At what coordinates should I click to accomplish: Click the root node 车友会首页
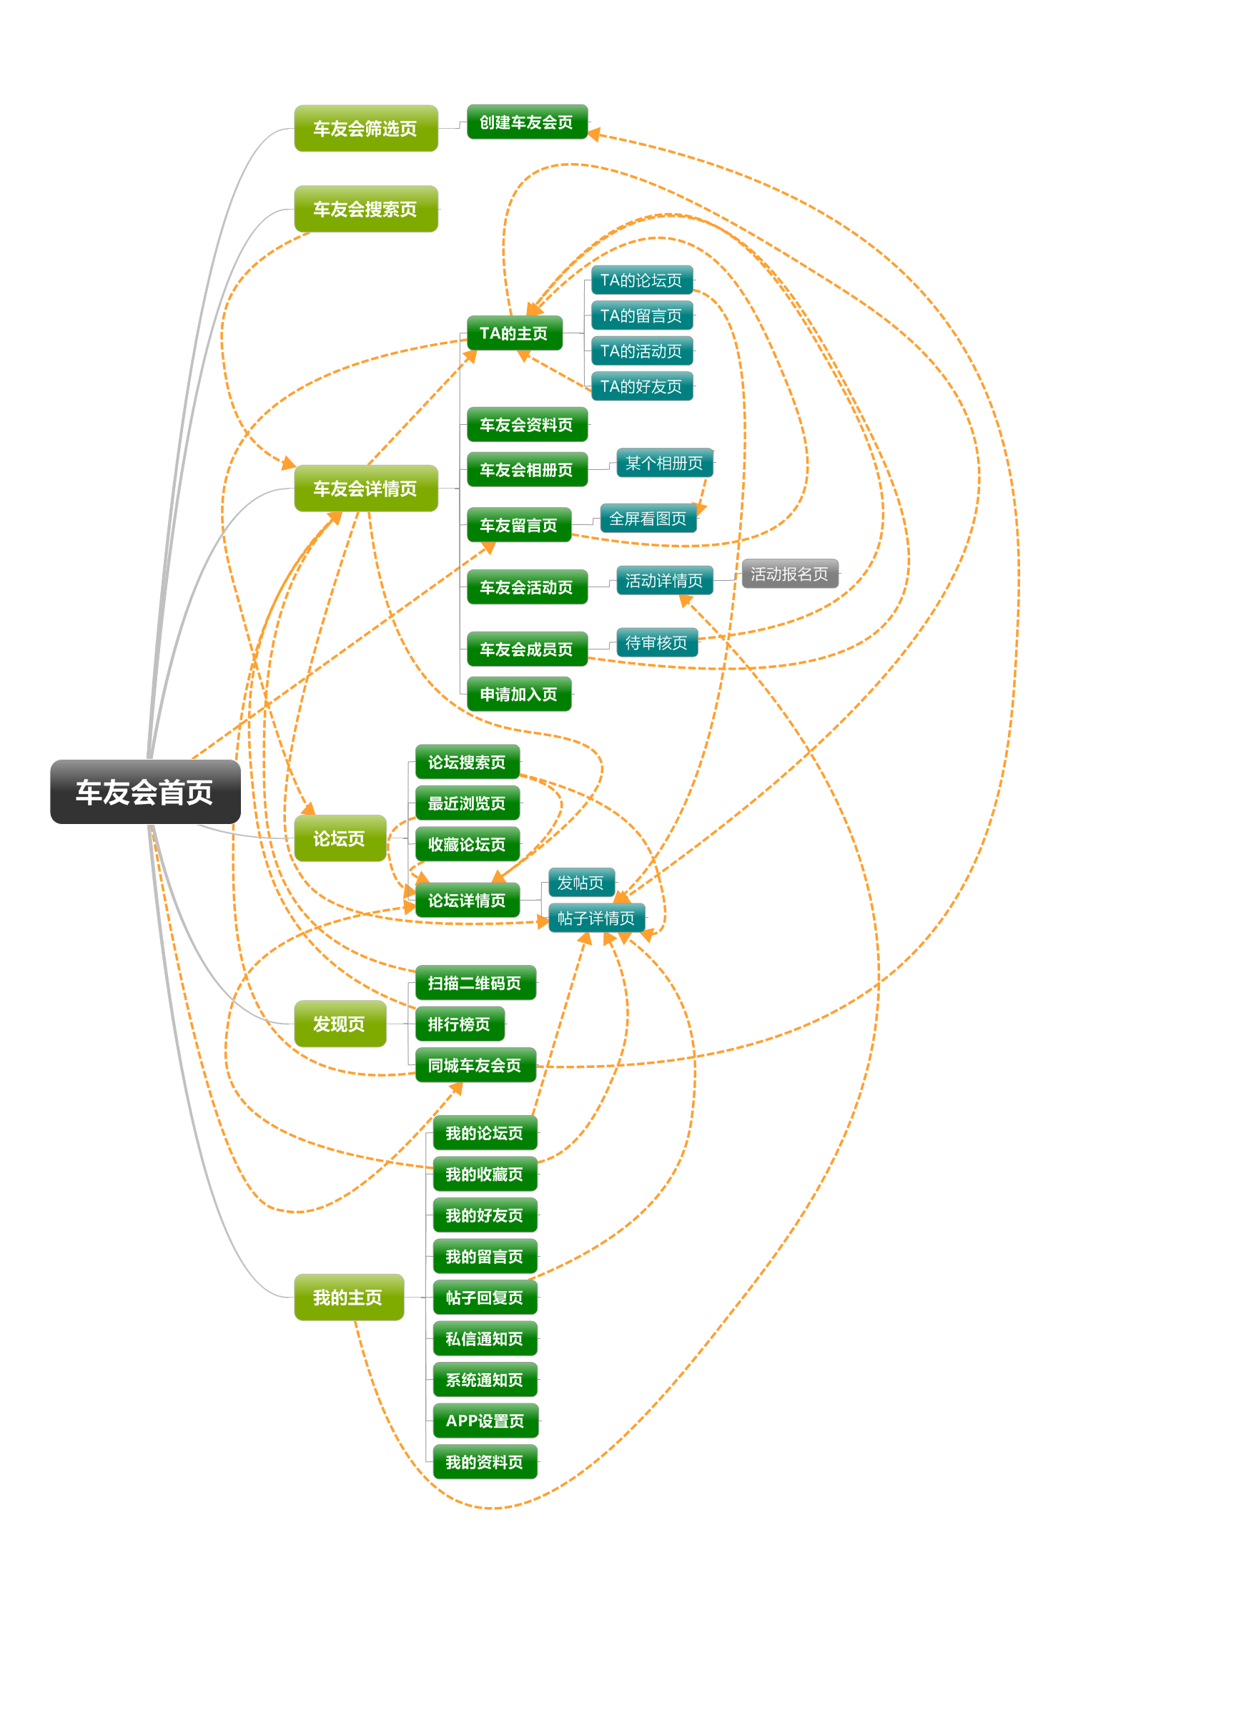coord(145,791)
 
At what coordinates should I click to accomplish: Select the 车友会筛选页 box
coord(366,128)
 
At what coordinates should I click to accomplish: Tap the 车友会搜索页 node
coord(366,209)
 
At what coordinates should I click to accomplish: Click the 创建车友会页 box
coord(528,122)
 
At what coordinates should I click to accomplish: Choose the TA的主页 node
coord(515,333)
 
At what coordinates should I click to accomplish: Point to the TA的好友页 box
coord(643,386)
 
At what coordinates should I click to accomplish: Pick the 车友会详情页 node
coord(366,488)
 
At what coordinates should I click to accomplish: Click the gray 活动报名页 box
coord(790,574)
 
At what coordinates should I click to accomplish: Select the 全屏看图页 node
coord(648,518)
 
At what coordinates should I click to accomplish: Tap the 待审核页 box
coord(657,642)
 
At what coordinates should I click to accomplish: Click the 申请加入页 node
coord(519,694)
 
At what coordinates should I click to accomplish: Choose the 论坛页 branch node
coord(340,838)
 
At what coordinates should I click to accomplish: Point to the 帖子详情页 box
coord(597,918)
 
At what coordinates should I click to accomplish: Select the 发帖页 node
coord(581,882)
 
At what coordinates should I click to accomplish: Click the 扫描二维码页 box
coord(475,982)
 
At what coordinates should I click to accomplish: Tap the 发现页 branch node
coord(340,1024)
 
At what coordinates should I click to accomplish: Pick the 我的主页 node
coord(350,1297)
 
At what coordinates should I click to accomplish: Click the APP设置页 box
coord(485,1421)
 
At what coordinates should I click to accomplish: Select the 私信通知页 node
coord(485,1338)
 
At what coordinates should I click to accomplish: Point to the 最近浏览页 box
coord(468,803)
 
